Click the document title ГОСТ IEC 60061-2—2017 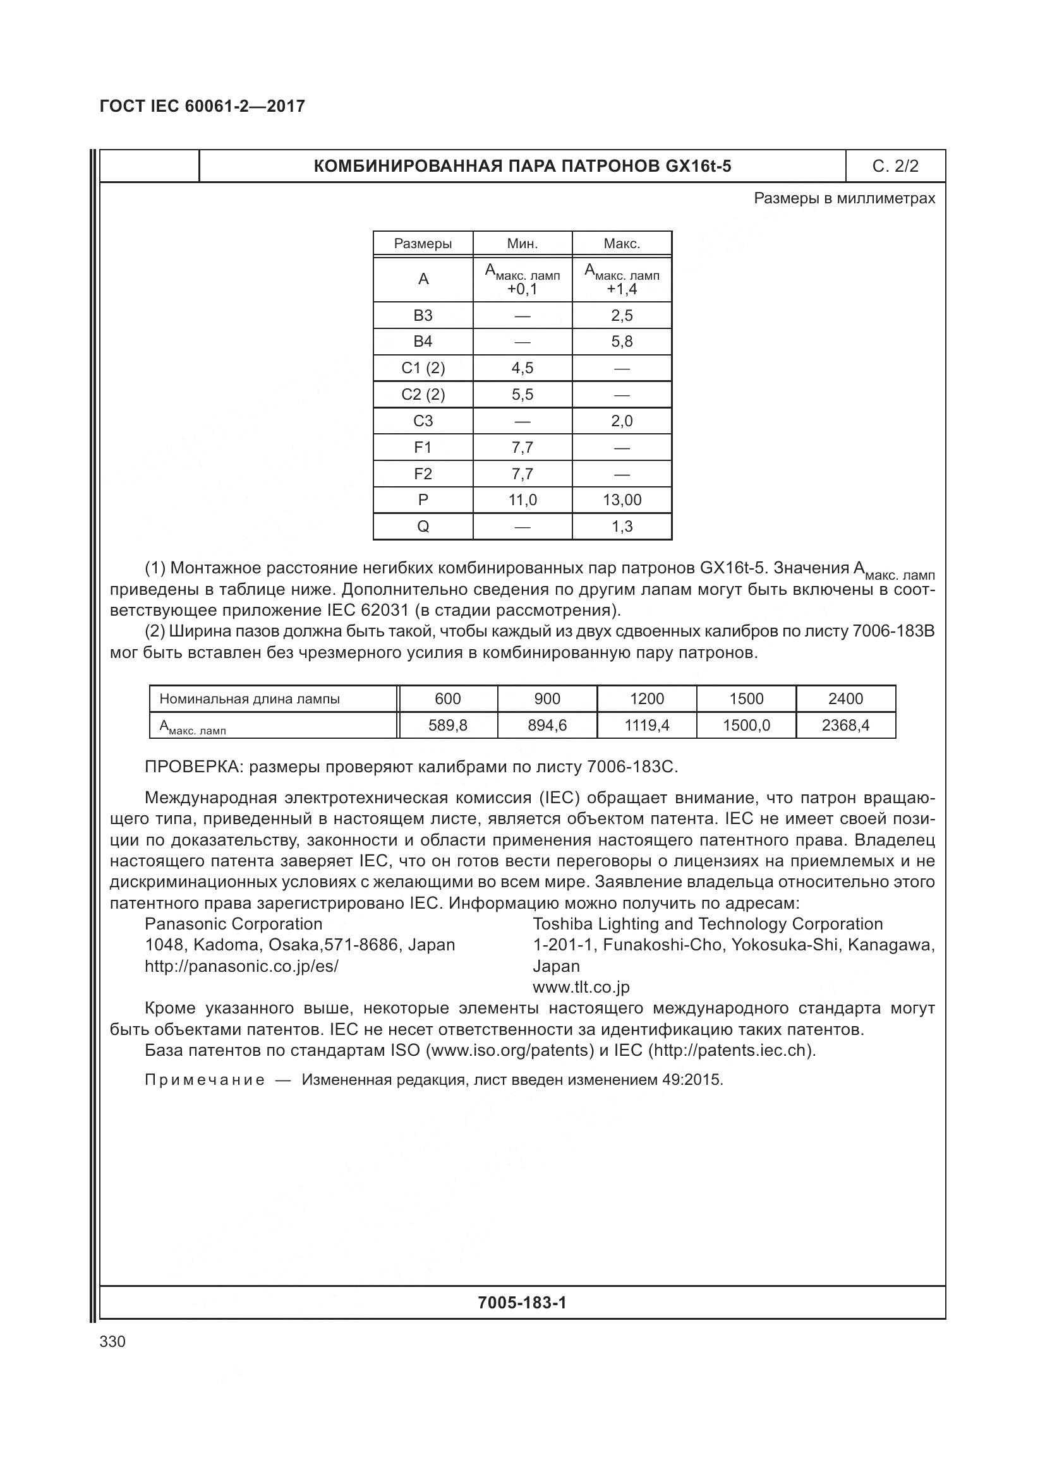click(202, 106)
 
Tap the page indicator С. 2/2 click(895, 167)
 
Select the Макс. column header click(622, 244)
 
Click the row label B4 click(423, 342)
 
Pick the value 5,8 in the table click(622, 342)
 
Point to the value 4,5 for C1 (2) click(522, 368)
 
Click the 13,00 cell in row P click(622, 500)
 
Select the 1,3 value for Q click(622, 526)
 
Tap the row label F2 click(423, 474)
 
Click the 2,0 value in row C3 click(622, 421)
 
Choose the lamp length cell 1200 click(647, 698)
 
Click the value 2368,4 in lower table click(845, 726)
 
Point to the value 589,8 click(448, 726)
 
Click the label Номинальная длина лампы click(250, 698)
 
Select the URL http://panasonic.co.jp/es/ click(241, 966)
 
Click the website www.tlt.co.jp click(581, 987)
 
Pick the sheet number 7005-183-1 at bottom click(522, 1303)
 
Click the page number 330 click(112, 1342)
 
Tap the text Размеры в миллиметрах click(844, 198)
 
